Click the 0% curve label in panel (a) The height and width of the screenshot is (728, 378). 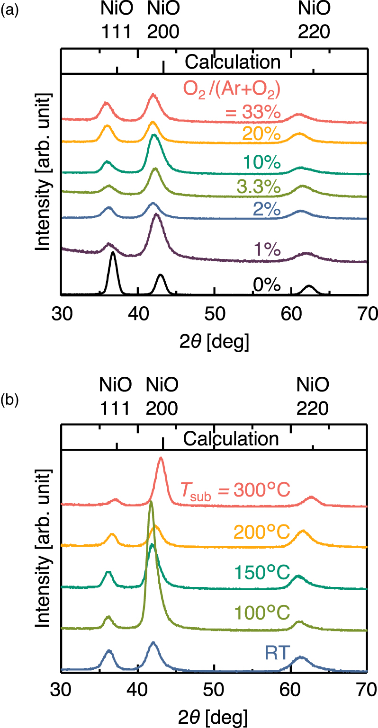(267, 285)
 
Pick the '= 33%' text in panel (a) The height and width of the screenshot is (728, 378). (251, 113)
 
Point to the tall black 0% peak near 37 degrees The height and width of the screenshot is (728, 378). (113, 253)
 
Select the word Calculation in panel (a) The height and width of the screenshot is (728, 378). (233, 62)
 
